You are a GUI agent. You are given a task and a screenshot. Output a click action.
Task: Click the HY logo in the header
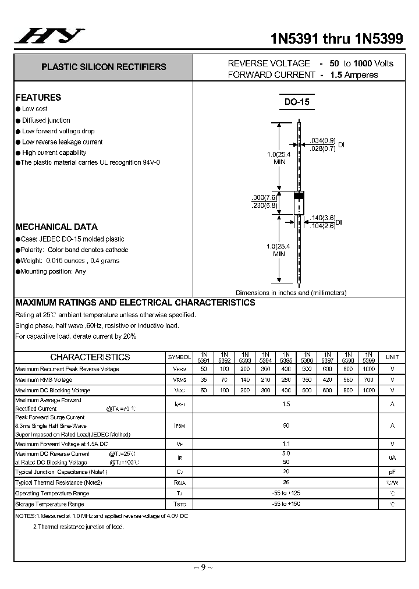pos(49,37)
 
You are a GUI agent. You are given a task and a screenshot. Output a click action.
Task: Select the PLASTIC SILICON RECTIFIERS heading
pos(104,67)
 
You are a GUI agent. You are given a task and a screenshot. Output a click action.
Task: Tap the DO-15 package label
pos(297,102)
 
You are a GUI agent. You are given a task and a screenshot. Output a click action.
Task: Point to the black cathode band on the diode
pos(299,196)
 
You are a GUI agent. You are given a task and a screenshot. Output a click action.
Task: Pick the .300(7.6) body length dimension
pos(264,197)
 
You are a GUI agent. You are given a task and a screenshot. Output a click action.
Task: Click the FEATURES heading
pos(38,98)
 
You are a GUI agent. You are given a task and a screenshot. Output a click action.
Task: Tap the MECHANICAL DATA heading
pos(56,227)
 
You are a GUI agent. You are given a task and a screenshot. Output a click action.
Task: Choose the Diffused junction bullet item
pos(46,120)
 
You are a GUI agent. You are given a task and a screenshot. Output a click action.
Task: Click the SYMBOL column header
pos(179,357)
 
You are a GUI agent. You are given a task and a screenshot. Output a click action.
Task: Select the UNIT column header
pos(392,357)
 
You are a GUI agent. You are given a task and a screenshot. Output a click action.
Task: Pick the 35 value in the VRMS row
pos(204,379)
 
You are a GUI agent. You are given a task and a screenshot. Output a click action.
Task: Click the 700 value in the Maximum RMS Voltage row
pos(368,379)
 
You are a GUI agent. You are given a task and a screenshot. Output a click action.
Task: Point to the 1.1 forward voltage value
pos(286,443)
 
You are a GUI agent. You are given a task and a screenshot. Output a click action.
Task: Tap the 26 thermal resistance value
pos(286,482)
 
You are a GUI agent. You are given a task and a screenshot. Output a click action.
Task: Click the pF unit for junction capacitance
pos(392,472)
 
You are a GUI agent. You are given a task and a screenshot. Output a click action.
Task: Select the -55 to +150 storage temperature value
pos(286,504)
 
